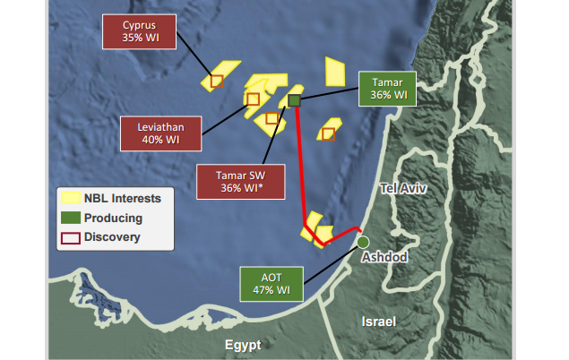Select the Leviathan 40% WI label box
click(160, 133)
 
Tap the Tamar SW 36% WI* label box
click(241, 181)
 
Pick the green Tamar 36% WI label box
click(390, 87)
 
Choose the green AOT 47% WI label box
click(271, 284)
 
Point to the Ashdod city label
click(384, 258)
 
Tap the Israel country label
click(380, 320)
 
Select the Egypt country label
click(243, 345)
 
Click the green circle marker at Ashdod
click(363, 242)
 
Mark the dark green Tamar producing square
click(293, 100)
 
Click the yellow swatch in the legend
click(70, 197)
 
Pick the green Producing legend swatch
click(70, 218)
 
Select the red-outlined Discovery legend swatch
click(70, 237)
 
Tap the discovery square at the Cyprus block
click(216, 81)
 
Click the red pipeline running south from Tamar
click(301, 170)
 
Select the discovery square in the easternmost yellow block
click(328, 133)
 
